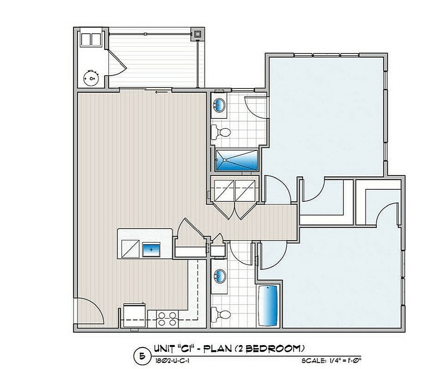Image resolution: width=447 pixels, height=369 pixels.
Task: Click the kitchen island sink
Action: coord(151,249)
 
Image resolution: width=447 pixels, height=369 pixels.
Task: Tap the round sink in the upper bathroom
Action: coord(220,105)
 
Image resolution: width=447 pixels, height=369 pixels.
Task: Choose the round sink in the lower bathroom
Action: coord(220,277)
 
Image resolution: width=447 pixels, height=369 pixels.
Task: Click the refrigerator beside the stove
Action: coord(134,316)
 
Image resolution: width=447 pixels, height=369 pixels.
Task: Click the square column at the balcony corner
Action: coord(197,34)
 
